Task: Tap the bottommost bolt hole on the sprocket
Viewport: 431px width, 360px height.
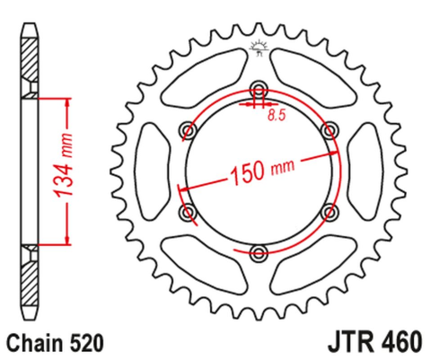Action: click(259, 250)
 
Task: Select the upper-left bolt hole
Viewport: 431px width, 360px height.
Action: click(189, 130)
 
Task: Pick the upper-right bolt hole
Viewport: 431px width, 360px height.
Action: click(329, 130)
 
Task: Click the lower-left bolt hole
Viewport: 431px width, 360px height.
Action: click(189, 212)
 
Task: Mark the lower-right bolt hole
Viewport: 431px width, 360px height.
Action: click(329, 212)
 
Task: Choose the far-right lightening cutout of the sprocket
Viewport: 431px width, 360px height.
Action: click(365, 171)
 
